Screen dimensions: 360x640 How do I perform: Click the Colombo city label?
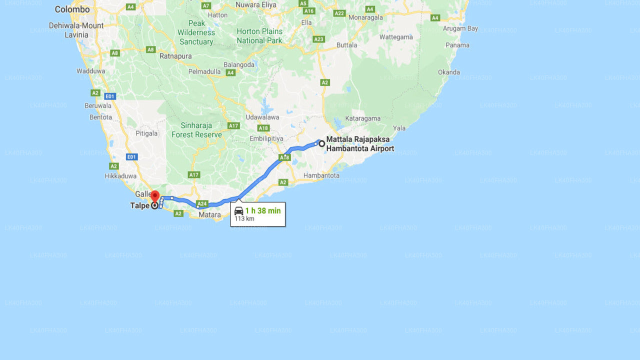point(72,9)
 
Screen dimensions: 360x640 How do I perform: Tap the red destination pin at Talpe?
point(155,196)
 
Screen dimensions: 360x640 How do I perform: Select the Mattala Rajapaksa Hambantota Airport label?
point(360,144)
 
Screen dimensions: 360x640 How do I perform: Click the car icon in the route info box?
point(239,211)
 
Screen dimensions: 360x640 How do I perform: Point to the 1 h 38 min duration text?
point(262,211)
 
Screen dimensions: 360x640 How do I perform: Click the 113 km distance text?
point(244,219)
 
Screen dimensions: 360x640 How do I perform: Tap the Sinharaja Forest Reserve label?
point(196,130)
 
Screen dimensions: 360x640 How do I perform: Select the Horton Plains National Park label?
point(259,36)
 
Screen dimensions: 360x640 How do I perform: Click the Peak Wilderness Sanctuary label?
point(196,32)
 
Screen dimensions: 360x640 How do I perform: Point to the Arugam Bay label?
point(460,28)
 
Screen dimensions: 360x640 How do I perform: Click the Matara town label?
point(209,215)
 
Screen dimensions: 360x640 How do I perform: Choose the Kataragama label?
point(362,118)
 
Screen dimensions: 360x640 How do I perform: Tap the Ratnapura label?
point(175,56)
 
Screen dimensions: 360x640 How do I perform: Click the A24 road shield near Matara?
point(202,203)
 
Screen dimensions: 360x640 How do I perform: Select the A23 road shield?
point(318,39)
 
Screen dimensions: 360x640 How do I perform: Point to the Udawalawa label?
point(262,117)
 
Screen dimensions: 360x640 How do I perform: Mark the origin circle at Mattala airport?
point(322,144)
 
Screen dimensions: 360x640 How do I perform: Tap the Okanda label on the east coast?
point(449,72)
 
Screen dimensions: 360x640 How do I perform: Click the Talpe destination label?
point(139,205)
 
